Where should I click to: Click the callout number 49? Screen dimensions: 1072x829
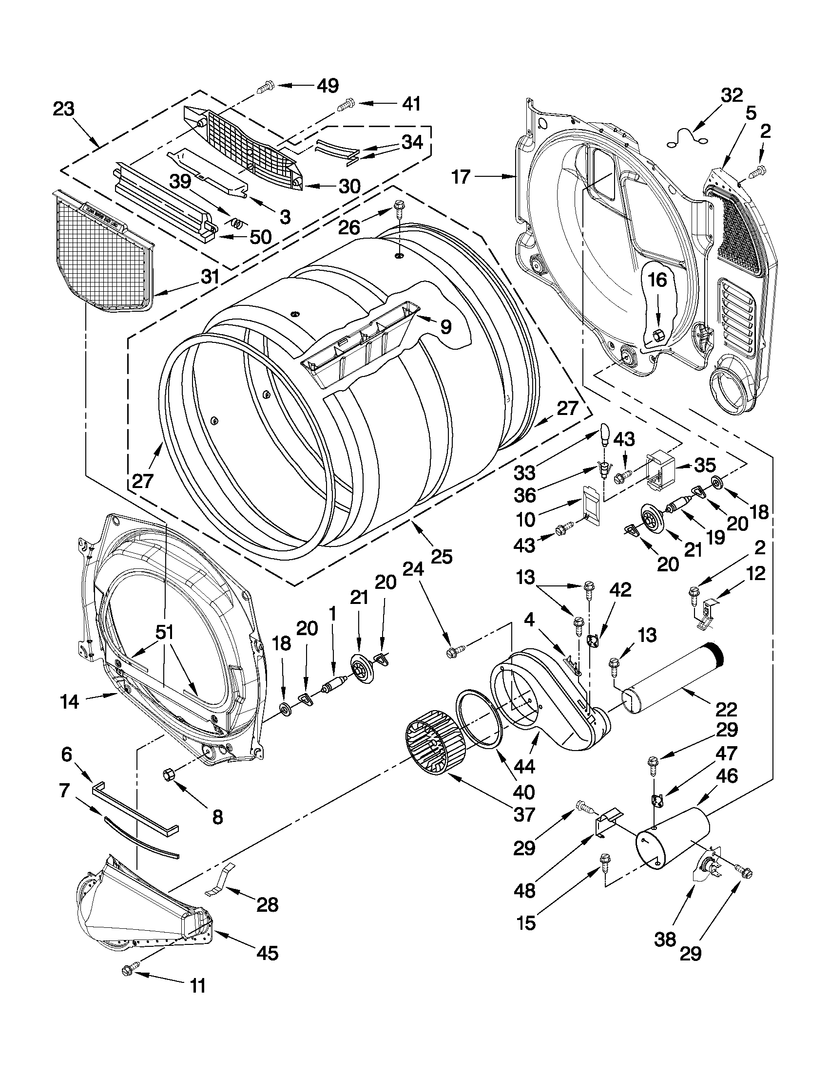click(328, 86)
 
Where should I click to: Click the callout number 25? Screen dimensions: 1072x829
click(441, 557)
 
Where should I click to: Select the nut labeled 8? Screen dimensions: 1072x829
click(169, 774)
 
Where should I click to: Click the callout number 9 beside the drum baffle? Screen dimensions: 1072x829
click(445, 326)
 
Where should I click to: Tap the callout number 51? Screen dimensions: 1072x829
click(166, 633)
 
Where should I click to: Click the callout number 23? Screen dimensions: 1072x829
click(64, 109)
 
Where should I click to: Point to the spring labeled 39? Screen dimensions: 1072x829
click(237, 224)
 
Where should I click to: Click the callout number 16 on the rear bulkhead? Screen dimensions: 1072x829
click(657, 280)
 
